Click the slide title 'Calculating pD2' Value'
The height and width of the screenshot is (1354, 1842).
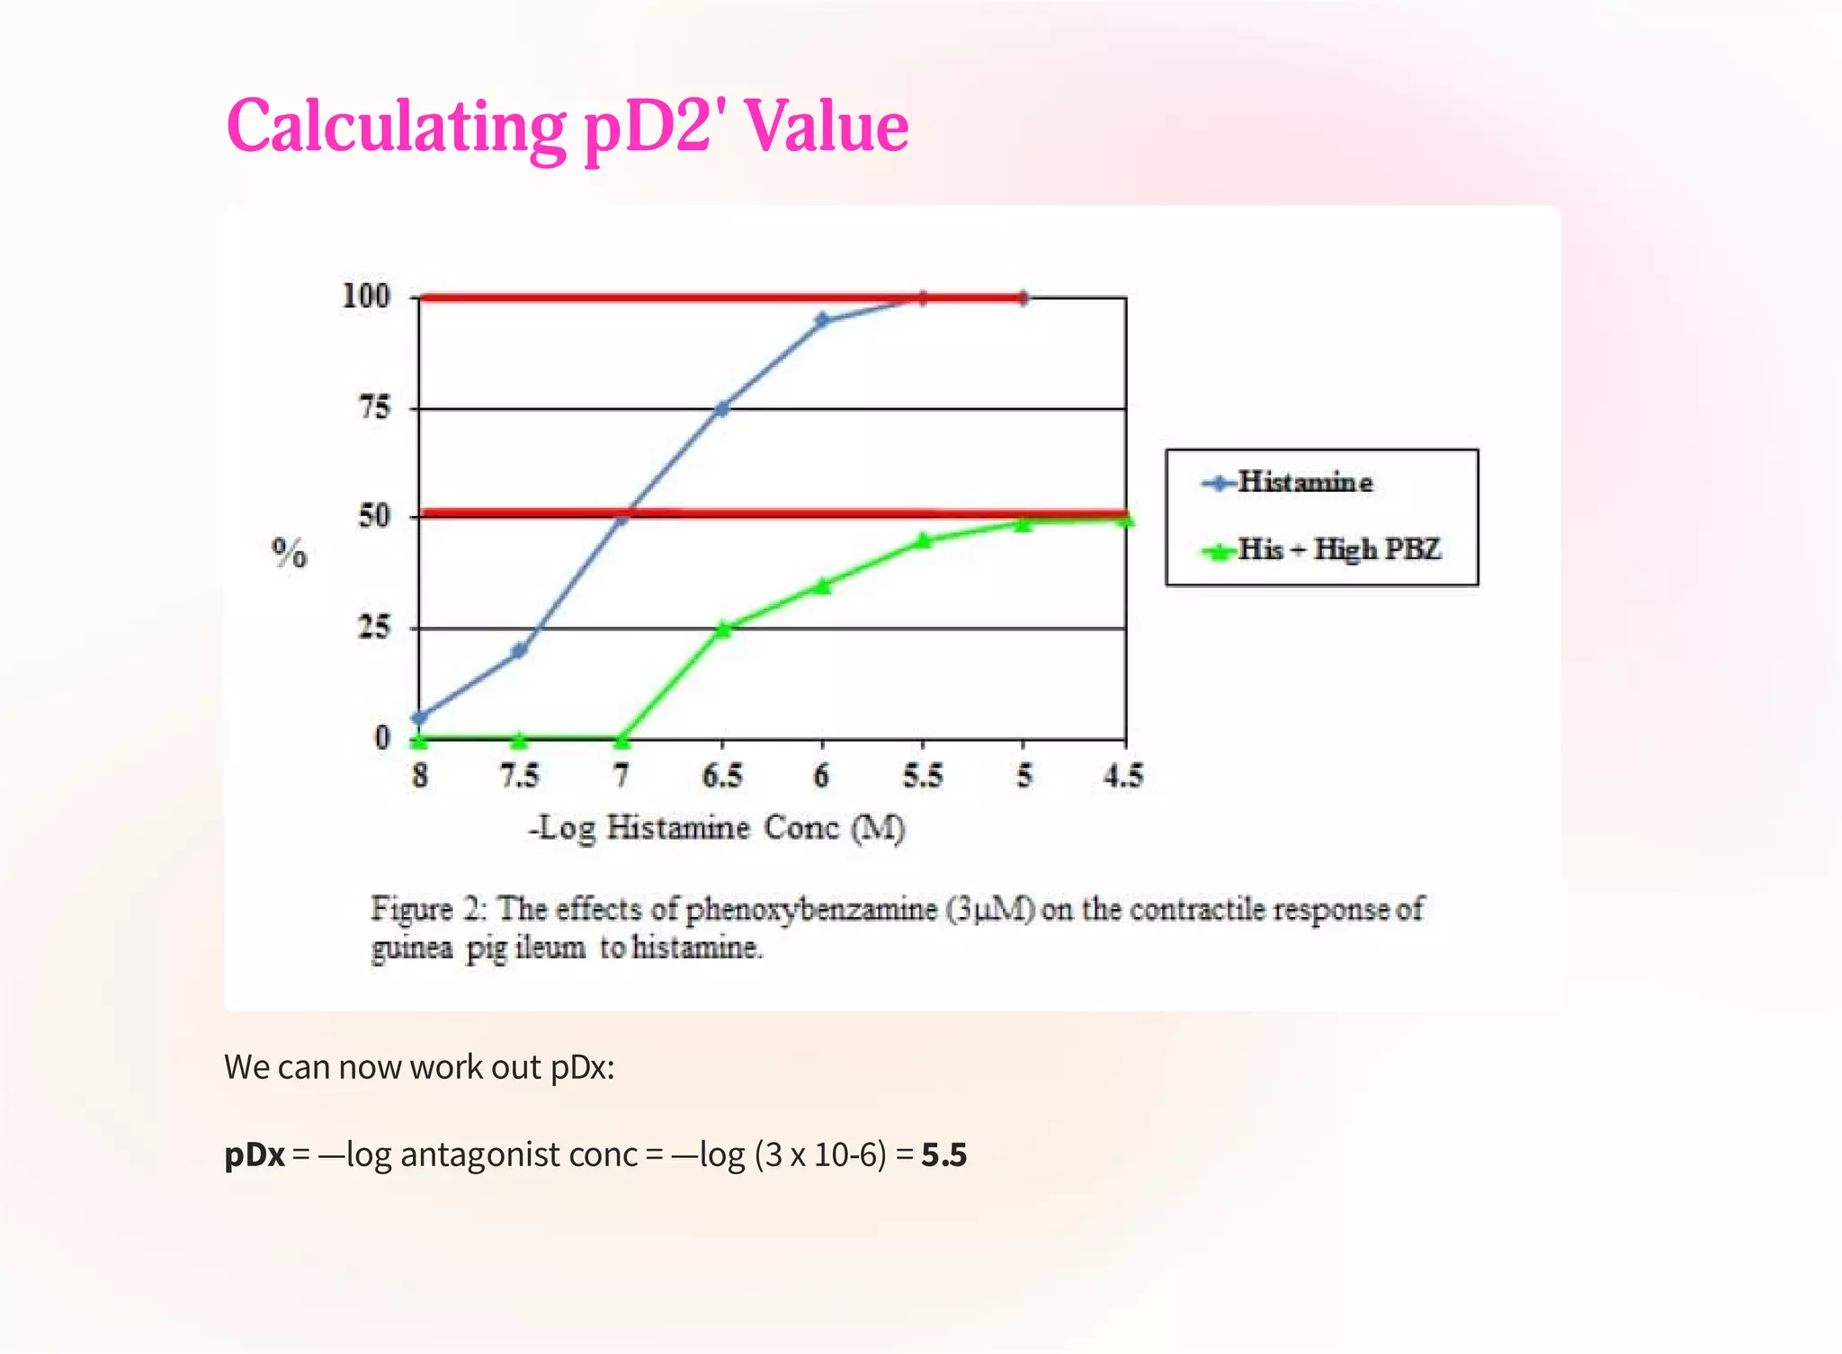[567, 126]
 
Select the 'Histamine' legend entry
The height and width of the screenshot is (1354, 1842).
[1304, 483]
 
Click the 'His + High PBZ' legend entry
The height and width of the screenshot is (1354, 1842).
[1338, 549]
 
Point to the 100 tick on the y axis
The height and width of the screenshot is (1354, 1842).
[366, 296]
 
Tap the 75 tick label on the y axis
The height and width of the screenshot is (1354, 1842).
[374, 408]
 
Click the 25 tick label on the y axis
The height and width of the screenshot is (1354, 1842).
[374, 627]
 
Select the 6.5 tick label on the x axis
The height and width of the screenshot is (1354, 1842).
[721, 776]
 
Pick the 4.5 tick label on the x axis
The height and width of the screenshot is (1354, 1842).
[1123, 776]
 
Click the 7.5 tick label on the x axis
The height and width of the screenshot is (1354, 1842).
[519, 776]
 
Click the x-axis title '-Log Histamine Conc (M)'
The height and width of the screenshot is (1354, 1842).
[717, 828]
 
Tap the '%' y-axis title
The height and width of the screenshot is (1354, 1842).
[289, 553]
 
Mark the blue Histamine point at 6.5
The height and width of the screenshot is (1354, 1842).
[721, 409]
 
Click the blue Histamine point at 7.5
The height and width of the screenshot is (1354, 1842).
[519, 650]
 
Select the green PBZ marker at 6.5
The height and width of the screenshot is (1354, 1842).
[722, 628]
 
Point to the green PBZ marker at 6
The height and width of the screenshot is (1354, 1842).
[822, 585]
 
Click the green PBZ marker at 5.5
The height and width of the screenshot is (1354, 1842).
[924, 540]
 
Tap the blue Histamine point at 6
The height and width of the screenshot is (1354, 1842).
[822, 320]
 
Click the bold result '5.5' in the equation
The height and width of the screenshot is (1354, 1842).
[943, 1154]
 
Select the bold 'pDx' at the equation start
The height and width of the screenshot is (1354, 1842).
[255, 1154]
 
